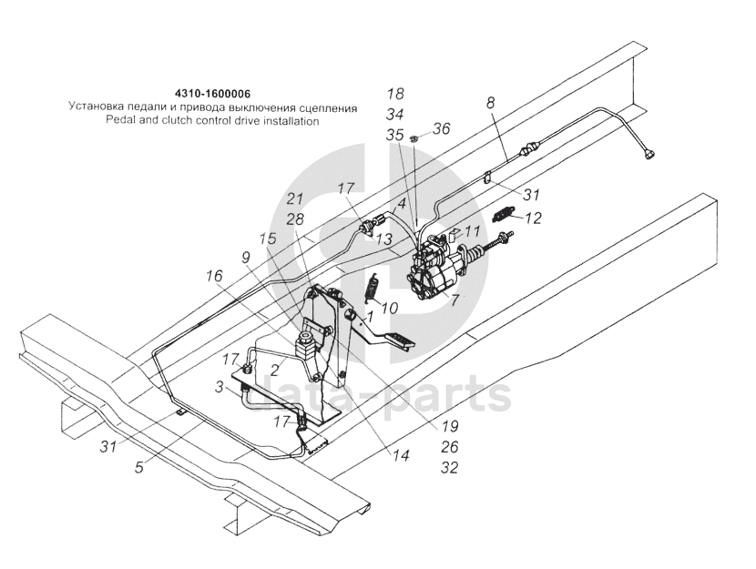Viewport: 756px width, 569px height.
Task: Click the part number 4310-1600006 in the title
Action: coord(213,94)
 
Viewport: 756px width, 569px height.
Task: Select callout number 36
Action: coord(441,129)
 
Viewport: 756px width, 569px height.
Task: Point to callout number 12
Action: coord(533,218)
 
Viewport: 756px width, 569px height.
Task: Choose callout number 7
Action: coord(455,299)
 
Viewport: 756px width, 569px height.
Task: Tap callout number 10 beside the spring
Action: coord(390,308)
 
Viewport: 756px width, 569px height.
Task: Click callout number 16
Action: coord(212,275)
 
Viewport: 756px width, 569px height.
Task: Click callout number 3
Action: coord(220,388)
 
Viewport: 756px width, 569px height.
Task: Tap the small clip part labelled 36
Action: coord(414,137)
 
